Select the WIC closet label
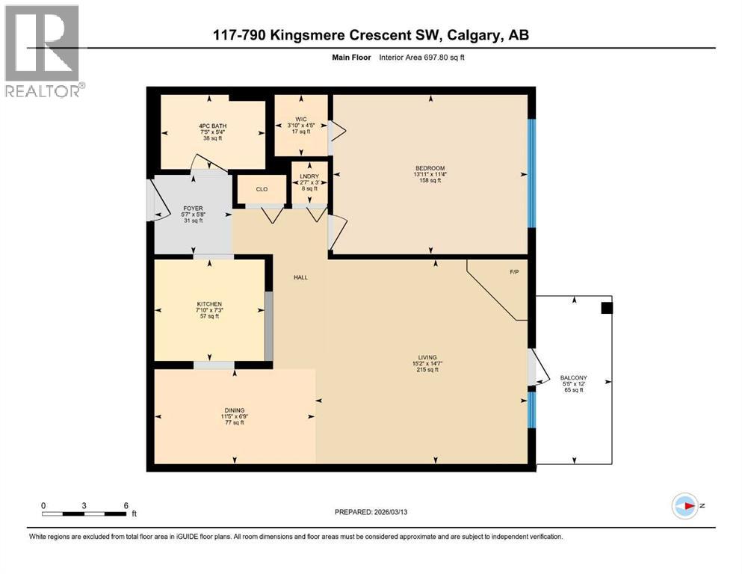tap(301, 117)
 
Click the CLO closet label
tap(262, 189)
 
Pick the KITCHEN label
tap(209, 303)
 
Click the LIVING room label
tap(427, 357)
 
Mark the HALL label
tap(300, 277)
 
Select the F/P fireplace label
tap(514, 272)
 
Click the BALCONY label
tap(573, 377)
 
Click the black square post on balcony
tap(607, 308)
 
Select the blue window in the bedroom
tap(532, 173)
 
